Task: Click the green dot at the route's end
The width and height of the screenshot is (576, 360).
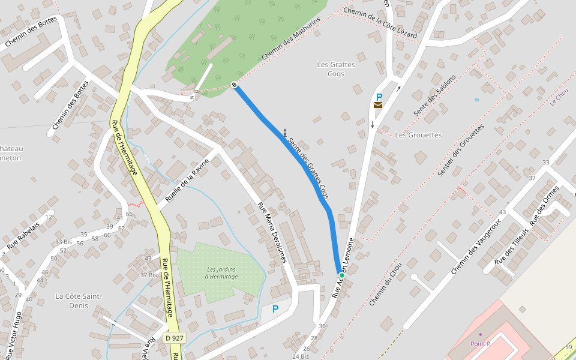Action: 341,275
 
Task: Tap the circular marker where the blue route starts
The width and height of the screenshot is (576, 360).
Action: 234,85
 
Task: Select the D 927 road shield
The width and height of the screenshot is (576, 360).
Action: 174,338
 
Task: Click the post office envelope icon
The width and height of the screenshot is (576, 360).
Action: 378,105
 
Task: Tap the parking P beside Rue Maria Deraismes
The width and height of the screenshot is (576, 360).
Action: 275,309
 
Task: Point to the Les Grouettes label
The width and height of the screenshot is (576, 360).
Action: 418,135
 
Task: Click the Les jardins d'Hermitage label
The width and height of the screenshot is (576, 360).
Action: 221,273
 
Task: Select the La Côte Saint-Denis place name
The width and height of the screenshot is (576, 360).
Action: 79,301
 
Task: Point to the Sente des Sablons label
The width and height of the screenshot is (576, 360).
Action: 434,95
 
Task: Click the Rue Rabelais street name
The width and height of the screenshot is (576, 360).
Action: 23,236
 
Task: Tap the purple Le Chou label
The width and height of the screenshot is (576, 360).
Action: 559,97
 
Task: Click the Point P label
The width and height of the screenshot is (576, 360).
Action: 480,344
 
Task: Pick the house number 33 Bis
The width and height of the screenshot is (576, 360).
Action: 64,242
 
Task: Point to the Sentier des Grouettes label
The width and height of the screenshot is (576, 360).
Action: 461,151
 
